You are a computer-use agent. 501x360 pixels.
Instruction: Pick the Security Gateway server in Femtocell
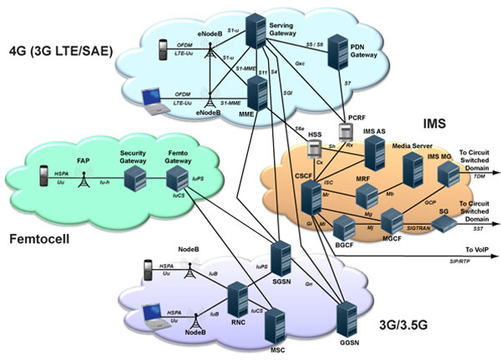133,177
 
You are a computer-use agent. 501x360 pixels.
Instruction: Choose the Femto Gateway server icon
177,178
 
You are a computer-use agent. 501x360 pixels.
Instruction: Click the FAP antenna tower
83,178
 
